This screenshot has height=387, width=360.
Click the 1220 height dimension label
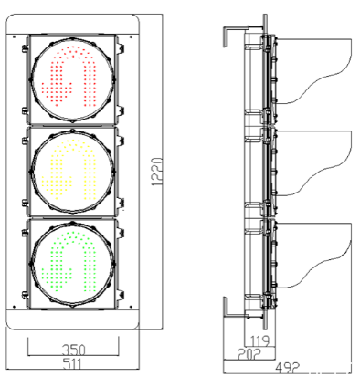157,172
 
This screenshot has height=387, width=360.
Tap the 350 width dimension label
74,350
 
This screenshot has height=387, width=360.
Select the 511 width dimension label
72,364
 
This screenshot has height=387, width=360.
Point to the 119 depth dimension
259,341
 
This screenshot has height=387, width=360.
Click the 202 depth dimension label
249,354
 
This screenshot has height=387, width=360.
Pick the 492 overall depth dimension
288,367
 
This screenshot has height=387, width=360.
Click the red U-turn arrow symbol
69,77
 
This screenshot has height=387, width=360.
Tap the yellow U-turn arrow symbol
69,170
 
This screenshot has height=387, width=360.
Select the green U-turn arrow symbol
69,262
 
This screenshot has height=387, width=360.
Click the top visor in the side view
313,70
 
